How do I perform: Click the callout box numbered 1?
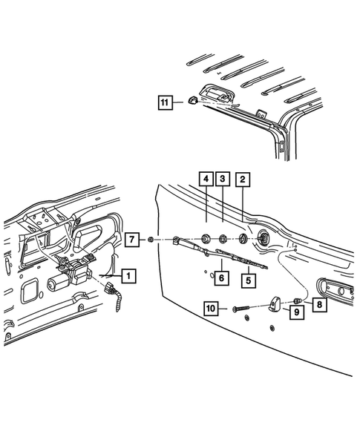coord(128,276)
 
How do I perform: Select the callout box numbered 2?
coord(243,179)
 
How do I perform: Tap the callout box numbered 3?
coord(222,179)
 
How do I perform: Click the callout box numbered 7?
coord(131,239)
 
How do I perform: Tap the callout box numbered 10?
coord(210,307)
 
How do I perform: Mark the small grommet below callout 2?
coord(242,240)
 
